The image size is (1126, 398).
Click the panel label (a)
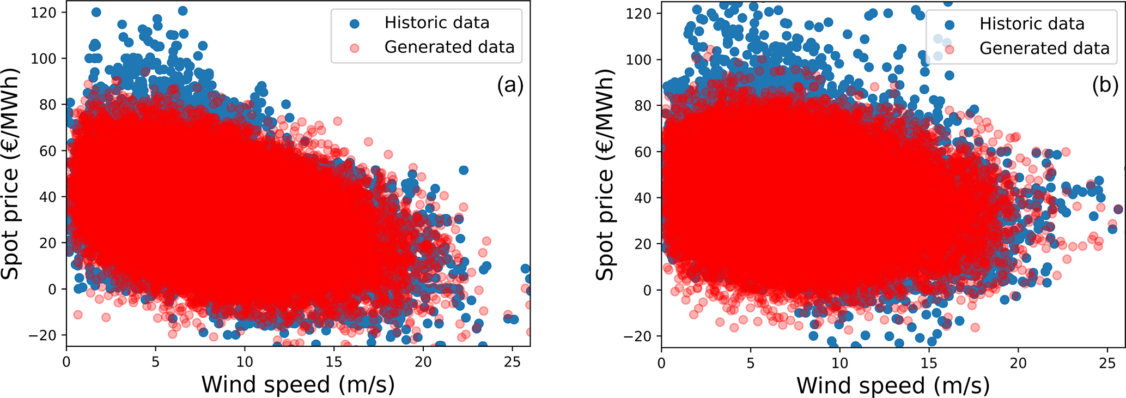510,86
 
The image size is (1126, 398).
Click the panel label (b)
1105,86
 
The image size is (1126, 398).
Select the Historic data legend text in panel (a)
437,23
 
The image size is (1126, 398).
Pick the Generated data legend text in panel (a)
449,47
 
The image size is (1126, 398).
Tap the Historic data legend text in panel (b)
1032,24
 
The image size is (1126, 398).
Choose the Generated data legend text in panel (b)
1044,49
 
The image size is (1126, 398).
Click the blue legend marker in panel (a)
355,23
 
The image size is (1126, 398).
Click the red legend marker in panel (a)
355,47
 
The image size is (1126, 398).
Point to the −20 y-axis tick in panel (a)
42,335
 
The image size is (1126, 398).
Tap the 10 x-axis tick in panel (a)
245,361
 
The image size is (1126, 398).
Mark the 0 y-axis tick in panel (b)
647,290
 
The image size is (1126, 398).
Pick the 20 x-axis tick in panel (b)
1018,363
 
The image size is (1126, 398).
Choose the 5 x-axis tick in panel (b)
751,363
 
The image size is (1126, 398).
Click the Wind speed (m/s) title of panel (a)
298,384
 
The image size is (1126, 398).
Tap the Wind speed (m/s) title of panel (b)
893,385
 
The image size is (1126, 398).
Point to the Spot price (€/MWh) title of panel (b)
605,174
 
